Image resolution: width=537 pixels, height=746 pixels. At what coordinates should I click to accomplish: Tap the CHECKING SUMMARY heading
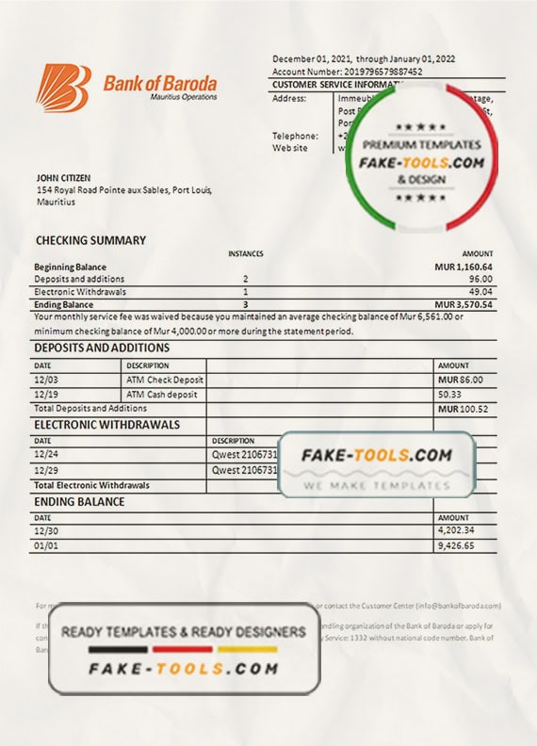[x=90, y=240]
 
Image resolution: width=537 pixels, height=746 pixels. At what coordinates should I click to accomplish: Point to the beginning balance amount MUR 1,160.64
[x=464, y=268]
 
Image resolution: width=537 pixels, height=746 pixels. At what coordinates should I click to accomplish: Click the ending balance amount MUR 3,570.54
[x=464, y=305]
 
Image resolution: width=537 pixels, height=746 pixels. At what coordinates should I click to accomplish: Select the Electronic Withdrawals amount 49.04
[x=479, y=292]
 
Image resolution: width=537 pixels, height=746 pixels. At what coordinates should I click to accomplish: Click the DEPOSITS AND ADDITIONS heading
[x=102, y=349]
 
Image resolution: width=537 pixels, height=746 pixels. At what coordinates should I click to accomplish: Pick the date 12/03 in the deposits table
[x=45, y=379]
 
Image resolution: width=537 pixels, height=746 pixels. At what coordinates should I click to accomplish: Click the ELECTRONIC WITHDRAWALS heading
[x=106, y=425]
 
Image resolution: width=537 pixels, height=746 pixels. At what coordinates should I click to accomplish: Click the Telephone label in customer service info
[x=291, y=136]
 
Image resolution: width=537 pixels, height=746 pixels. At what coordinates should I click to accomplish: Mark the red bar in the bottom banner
[x=184, y=649]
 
